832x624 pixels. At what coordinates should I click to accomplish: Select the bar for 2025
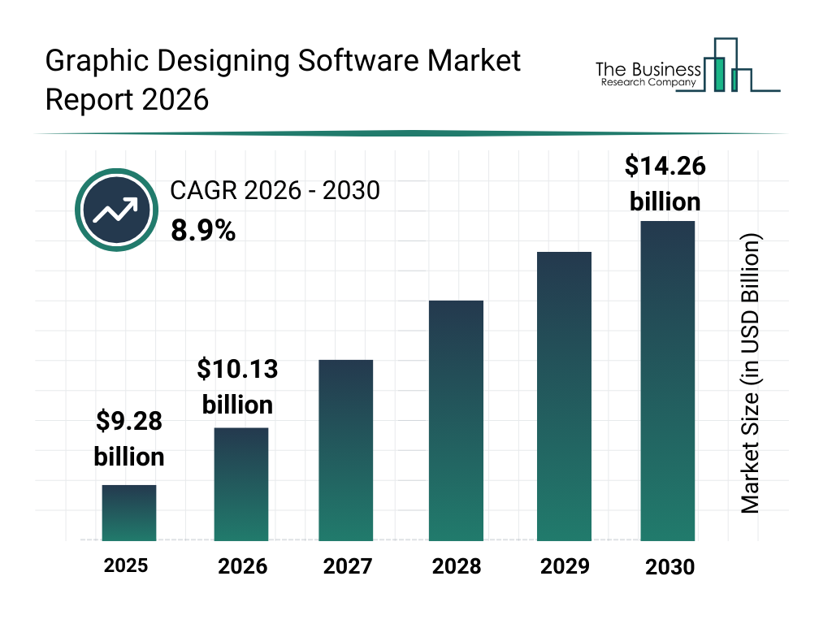tap(129, 513)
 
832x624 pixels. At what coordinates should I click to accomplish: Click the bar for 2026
tap(240, 484)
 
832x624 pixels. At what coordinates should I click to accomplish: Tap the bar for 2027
tap(346, 450)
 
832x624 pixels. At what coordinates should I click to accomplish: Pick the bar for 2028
tap(456, 421)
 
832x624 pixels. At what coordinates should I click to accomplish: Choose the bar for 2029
tap(564, 396)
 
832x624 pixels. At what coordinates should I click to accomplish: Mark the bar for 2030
tap(668, 381)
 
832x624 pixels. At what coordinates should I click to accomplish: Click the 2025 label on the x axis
tap(126, 565)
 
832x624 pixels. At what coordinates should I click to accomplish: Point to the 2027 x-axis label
tap(347, 566)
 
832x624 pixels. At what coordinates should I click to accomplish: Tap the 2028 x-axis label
tap(456, 566)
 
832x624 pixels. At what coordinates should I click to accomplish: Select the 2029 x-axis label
tap(564, 566)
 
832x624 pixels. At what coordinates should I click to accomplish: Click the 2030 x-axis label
tap(669, 567)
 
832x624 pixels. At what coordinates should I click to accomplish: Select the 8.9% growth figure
tap(203, 232)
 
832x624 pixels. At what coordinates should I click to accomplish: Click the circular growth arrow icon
tap(115, 210)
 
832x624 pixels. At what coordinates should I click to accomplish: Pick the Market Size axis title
tap(751, 375)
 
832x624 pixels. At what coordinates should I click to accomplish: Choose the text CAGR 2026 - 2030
tap(275, 191)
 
